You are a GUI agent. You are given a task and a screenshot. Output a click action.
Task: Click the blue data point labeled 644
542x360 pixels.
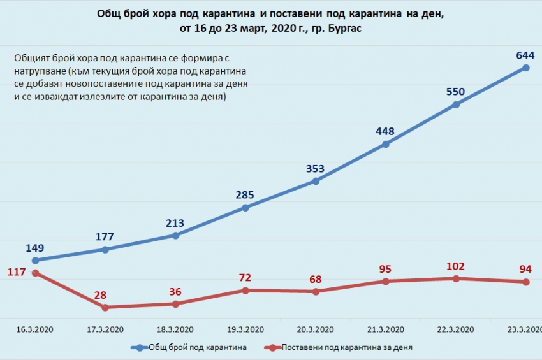526,68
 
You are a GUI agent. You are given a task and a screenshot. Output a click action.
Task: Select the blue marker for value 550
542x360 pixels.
456,105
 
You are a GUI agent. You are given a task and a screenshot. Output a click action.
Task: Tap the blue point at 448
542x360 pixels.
386,145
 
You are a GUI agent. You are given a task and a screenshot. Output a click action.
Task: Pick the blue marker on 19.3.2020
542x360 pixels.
245,208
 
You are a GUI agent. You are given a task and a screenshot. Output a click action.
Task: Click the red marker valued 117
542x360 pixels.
35,273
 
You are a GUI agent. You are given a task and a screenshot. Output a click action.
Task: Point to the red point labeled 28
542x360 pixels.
105,307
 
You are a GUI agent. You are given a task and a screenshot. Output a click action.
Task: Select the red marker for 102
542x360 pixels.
456,278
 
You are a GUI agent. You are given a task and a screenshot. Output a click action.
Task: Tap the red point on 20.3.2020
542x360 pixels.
316,292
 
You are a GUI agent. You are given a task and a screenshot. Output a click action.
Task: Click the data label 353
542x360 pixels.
315,169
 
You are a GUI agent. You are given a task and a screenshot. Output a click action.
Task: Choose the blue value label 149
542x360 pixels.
35,248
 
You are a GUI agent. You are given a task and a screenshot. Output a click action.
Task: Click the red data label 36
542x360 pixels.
175,292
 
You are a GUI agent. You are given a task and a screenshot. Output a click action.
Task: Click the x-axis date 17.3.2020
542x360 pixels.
105,329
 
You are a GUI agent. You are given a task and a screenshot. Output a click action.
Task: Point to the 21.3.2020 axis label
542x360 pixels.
386,329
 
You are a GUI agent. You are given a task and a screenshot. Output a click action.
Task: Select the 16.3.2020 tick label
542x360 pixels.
35,329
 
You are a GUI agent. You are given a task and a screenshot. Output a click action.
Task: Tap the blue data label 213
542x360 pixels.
175,223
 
